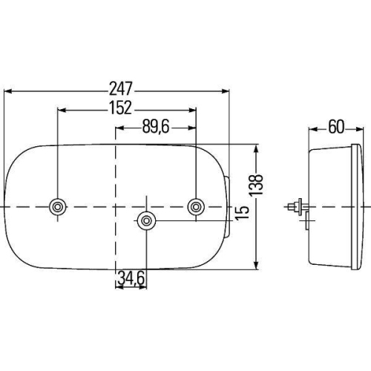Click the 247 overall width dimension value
118,82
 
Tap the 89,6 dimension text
156,127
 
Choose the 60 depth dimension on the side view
335,126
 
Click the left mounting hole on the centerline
56,206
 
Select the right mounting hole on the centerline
197,206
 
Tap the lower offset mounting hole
147,220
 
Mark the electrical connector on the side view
298,206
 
